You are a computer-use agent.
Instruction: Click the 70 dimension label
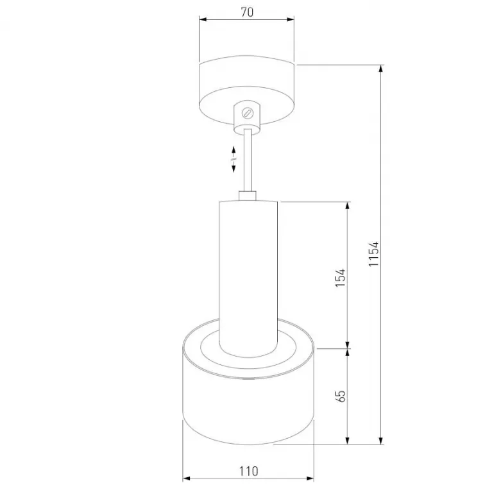pyautogui.click(x=247, y=12)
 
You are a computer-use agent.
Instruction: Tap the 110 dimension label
pyautogui.click(x=249, y=471)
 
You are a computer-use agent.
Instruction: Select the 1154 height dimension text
pyautogui.click(x=374, y=254)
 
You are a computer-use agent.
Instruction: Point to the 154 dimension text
pyautogui.click(x=340, y=277)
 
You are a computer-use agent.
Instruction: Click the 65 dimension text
pyautogui.click(x=340, y=396)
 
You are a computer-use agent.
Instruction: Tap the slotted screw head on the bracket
pyautogui.click(x=247, y=113)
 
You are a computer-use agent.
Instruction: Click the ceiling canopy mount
pyautogui.click(x=247, y=91)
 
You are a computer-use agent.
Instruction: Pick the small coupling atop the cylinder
pyautogui.click(x=248, y=196)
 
